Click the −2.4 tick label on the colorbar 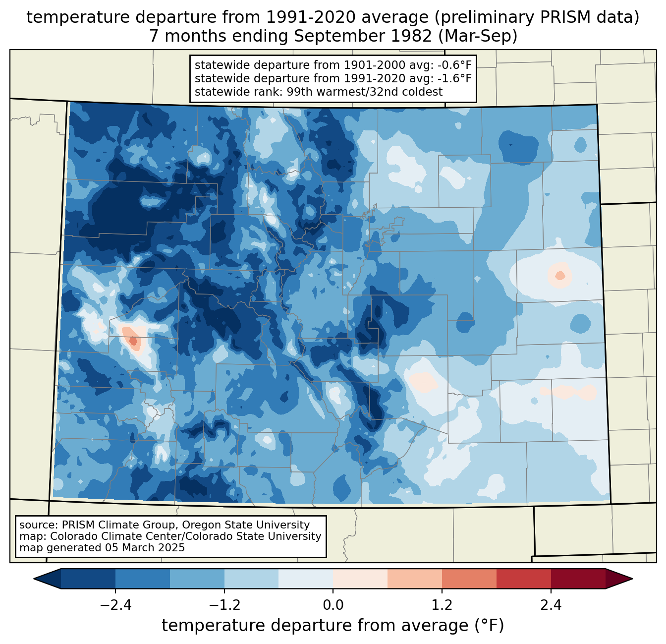[x=115, y=605]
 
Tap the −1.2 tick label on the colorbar [x=224, y=605]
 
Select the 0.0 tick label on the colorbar [x=333, y=605]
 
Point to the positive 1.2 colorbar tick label [x=442, y=605]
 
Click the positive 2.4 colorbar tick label [x=551, y=605]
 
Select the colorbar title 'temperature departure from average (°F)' [x=333, y=626]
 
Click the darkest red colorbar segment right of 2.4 [x=578, y=579]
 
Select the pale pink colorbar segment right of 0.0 [x=360, y=579]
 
